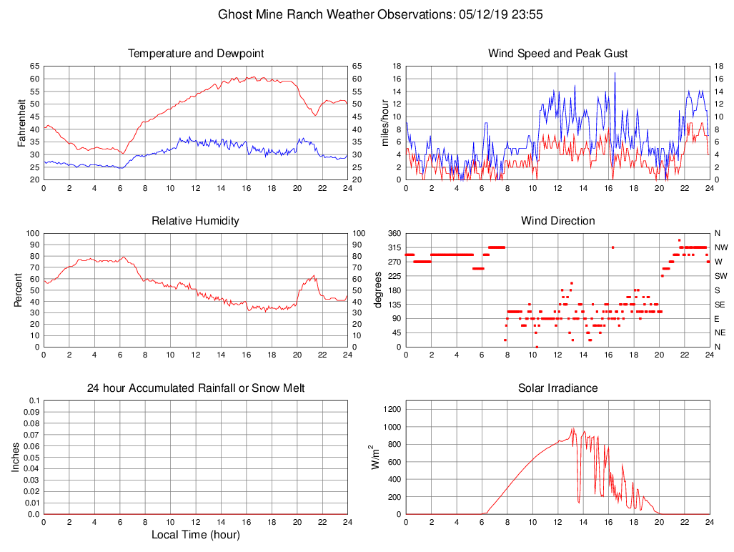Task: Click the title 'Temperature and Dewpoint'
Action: click(x=195, y=54)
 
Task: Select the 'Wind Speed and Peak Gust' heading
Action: click(x=557, y=54)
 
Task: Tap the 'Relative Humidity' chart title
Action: click(x=195, y=221)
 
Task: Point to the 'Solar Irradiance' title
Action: click(x=557, y=388)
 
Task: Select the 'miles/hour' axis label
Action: click(x=385, y=122)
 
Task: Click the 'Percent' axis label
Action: click(x=19, y=290)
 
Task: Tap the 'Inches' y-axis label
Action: click(x=16, y=457)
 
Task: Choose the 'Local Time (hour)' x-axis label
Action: click(x=195, y=535)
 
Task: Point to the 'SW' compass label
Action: click(x=720, y=276)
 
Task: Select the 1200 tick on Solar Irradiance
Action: click(x=391, y=410)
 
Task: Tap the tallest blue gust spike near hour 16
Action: click(x=615, y=73)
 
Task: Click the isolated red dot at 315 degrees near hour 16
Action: click(x=613, y=247)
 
